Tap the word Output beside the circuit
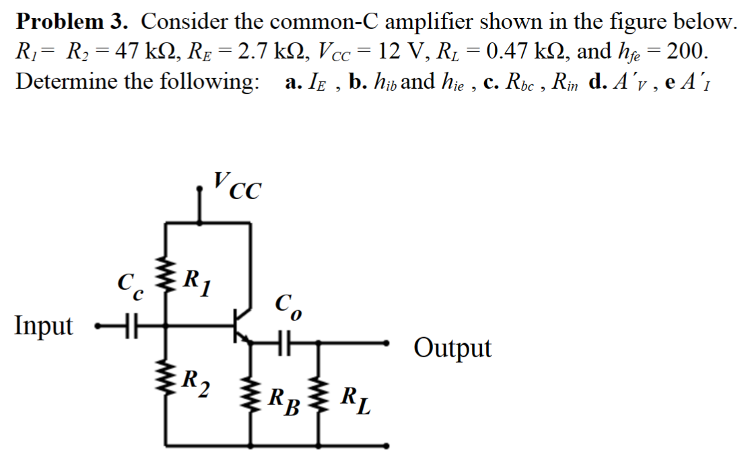pos(452,349)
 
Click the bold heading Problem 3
pos(71,22)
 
